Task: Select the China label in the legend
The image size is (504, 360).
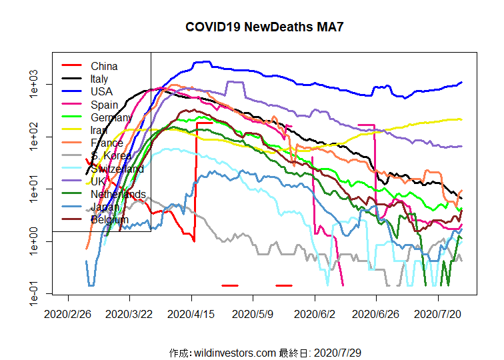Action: coord(104,66)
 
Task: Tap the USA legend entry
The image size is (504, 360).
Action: coord(101,91)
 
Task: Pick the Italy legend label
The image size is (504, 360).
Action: coord(99,79)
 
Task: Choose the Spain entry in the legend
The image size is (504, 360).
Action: coord(104,105)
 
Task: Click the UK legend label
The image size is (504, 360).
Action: coord(98,181)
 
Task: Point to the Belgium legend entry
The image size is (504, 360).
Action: coord(109,219)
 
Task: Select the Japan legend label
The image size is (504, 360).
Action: coord(105,207)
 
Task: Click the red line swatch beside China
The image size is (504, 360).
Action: coord(72,66)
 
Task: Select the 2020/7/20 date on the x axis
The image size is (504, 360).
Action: coord(438,313)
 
